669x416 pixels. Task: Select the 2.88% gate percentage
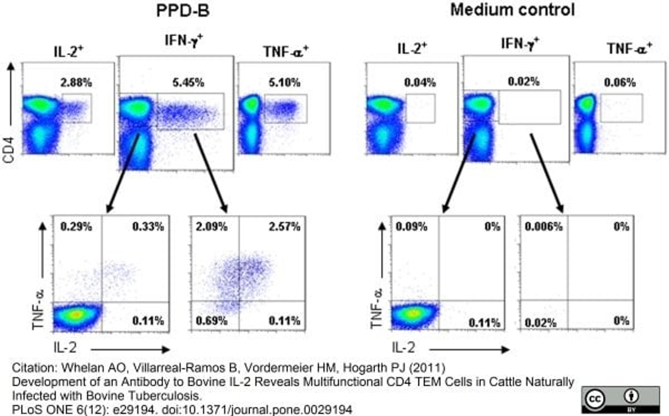pyautogui.click(x=76, y=83)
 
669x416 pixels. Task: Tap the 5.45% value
pyautogui.click(x=188, y=83)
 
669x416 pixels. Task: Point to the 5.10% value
pyautogui.click(x=285, y=83)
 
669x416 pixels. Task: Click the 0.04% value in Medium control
pyautogui.click(x=420, y=83)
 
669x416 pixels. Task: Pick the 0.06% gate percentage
pyautogui.click(x=620, y=83)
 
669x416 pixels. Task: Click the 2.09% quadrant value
pyautogui.click(x=212, y=227)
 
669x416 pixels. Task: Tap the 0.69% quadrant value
pyautogui.click(x=212, y=321)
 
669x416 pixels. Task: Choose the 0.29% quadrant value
pyautogui.click(x=76, y=227)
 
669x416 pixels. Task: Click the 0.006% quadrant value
pyautogui.click(x=543, y=227)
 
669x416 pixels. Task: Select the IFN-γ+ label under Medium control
pyautogui.click(x=520, y=43)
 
